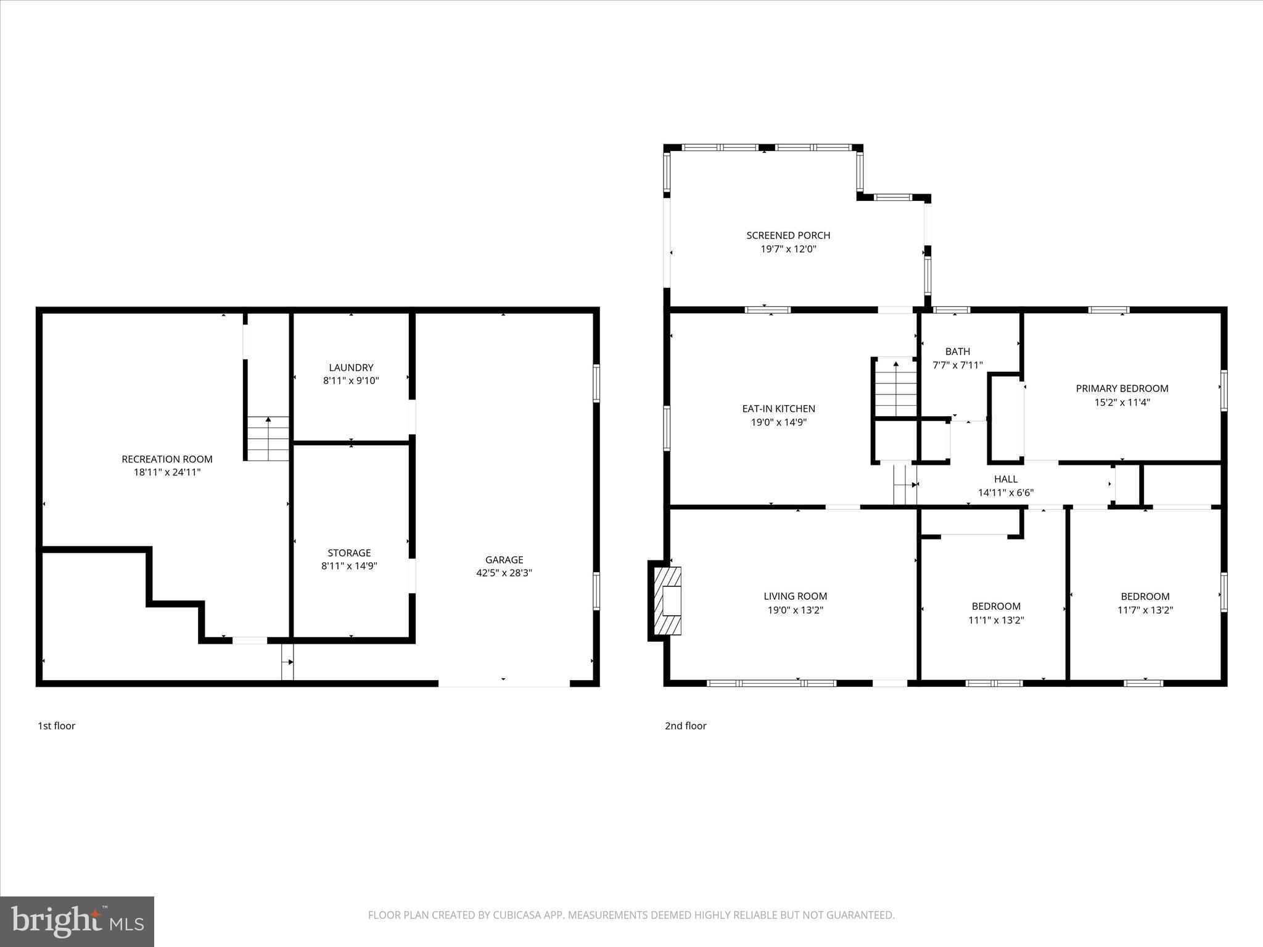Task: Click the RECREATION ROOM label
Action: coord(167,459)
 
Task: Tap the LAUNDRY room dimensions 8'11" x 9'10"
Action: coord(351,381)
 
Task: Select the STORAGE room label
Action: coord(349,552)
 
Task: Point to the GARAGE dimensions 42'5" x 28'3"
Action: coord(504,573)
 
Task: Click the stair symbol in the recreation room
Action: coord(268,438)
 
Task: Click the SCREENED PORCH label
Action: coord(788,235)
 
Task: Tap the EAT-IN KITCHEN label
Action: coord(778,408)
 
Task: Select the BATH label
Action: coord(957,351)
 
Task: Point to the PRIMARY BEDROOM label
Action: coord(1122,388)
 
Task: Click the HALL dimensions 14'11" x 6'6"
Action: coord(1005,493)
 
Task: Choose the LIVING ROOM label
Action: coord(795,596)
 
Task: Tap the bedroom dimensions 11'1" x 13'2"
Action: coord(996,620)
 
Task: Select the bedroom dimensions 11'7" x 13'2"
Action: coord(1145,610)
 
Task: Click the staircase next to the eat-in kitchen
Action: coord(895,388)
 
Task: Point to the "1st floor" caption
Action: coord(57,726)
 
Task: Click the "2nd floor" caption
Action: coord(685,726)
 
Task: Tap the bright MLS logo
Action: coord(77,921)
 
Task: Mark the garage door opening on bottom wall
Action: coord(504,683)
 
